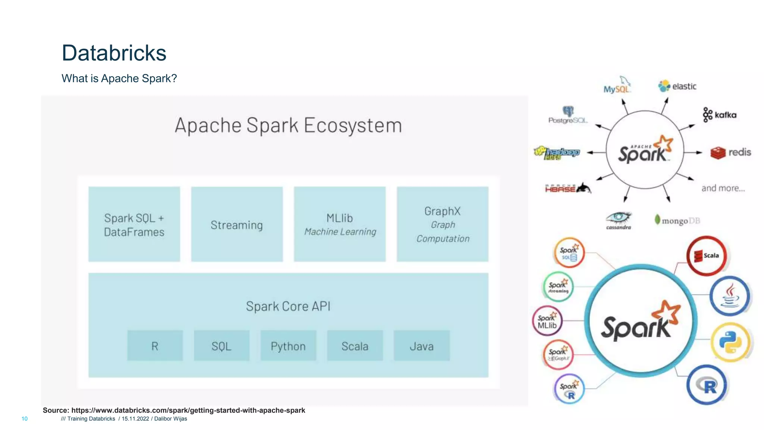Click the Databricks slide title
(x=114, y=53)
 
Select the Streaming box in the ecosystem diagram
(x=237, y=224)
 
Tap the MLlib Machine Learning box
(x=339, y=224)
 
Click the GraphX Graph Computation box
(x=442, y=224)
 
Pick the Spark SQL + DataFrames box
(x=134, y=224)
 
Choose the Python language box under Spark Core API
(x=288, y=346)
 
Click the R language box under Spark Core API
(x=155, y=346)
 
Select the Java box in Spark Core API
(x=422, y=346)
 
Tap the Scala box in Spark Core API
(x=355, y=346)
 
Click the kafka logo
(x=720, y=115)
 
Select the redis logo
(x=730, y=152)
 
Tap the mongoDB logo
(x=677, y=220)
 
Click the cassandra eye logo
(x=619, y=220)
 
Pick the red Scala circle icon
(x=707, y=256)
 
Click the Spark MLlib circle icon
(x=547, y=321)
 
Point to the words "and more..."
(x=723, y=188)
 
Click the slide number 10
(x=25, y=419)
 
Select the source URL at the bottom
(x=174, y=410)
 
